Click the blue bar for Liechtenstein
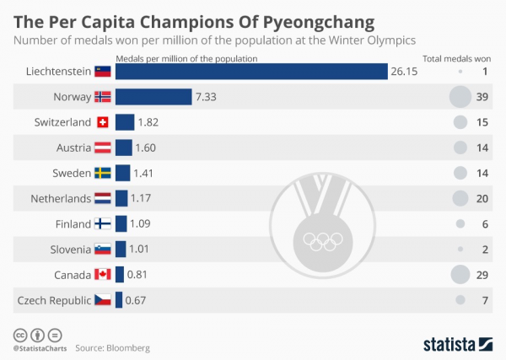coord(251,72)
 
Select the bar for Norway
coord(153,97)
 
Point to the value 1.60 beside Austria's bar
coord(146,148)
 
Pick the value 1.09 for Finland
coord(140,223)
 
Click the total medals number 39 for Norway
coord(483,97)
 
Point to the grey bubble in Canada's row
coord(460,274)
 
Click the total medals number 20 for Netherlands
coord(483,198)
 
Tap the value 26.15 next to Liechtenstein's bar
coord(404,72)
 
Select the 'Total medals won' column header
coord(455,58)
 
